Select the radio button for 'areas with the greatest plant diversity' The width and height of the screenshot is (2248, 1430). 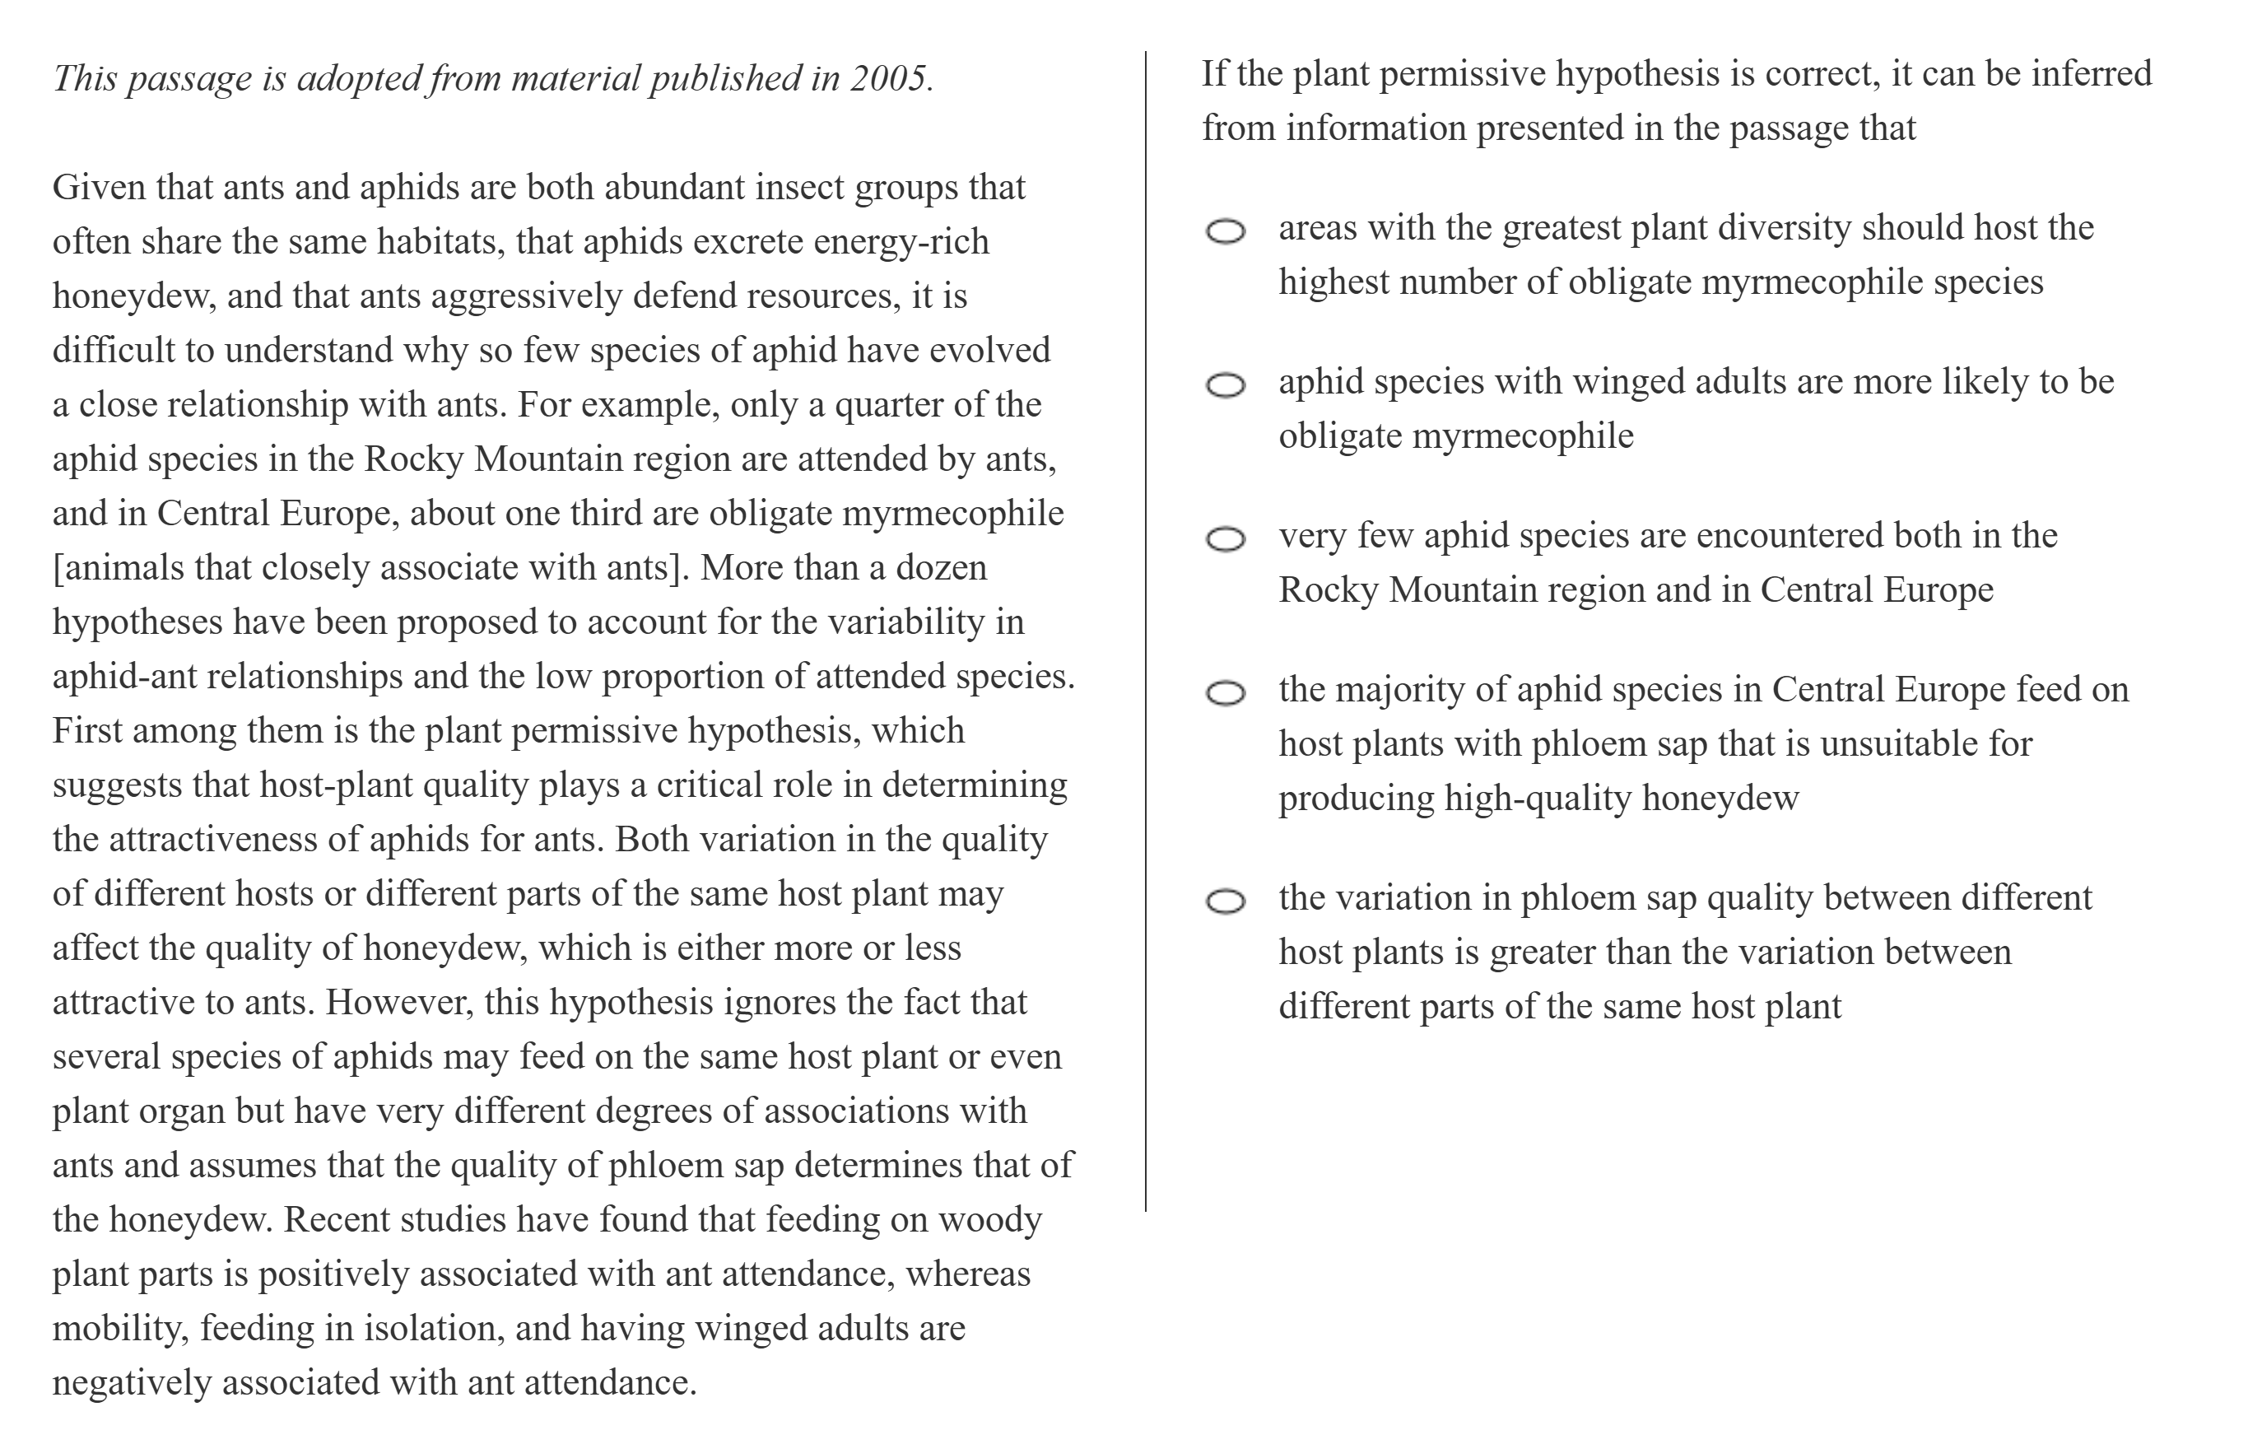click(x=1225, y=231)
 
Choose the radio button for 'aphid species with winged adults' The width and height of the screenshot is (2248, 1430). click(x=1225, y=385)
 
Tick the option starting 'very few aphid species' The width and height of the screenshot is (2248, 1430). click(x=1225, y=539)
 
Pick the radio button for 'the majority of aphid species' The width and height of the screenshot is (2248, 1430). click(x=1225, y=693)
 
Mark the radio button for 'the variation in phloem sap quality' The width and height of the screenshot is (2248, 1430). click(x=1225, y=901)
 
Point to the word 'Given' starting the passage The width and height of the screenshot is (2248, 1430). click(x=99, y=188)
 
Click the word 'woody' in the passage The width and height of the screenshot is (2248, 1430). click(x=989, y=1220)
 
